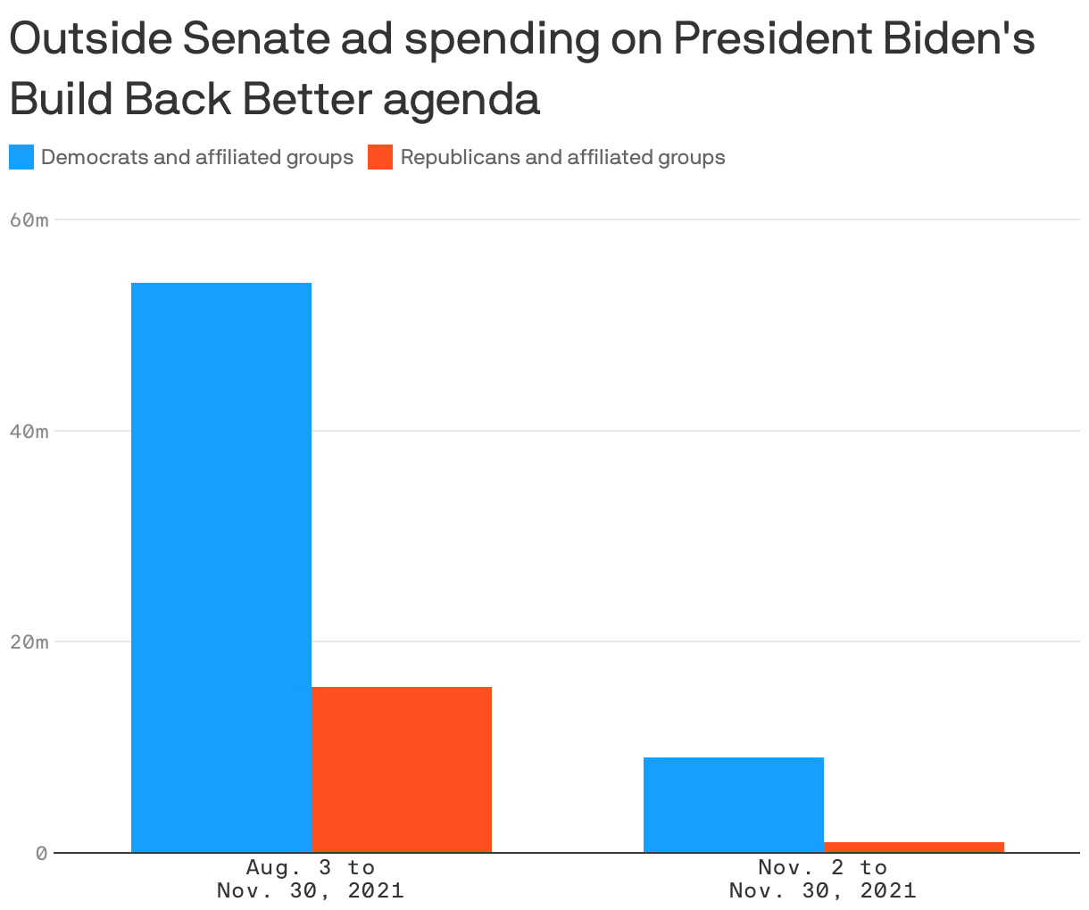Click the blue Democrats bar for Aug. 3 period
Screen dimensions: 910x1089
221,567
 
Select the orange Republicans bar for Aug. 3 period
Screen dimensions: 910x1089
402,769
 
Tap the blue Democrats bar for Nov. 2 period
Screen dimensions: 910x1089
733,805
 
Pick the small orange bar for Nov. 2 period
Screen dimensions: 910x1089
913,847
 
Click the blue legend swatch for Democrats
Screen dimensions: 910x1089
21,158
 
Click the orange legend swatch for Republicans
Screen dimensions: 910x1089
380,158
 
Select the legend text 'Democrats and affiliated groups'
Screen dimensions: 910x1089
197,158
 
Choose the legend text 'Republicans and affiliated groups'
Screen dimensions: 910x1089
562,158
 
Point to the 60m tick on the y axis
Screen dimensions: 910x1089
29,219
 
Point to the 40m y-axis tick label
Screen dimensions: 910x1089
29,431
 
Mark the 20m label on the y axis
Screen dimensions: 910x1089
29,642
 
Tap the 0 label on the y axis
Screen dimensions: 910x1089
41,853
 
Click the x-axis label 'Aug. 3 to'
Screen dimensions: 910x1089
311,867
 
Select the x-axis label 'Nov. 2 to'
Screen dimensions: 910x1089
822,867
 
